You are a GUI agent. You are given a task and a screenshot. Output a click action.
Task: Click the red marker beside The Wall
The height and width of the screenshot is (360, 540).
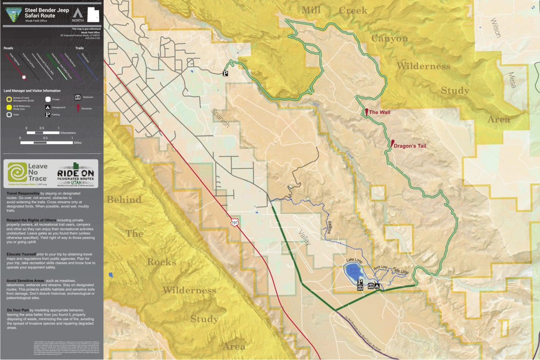coord(366,111)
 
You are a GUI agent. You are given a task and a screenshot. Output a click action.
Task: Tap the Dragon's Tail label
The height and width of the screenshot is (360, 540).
coord(409,146)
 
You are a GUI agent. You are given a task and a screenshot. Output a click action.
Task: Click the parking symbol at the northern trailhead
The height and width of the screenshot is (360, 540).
coord(226,73)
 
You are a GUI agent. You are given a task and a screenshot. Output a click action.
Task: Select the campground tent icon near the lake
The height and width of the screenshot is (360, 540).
coord(377,286)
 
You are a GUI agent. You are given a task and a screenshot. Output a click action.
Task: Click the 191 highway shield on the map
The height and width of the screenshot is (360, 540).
coord(234,222)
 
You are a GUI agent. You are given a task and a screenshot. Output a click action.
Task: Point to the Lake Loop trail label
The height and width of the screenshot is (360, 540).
coord(354,261)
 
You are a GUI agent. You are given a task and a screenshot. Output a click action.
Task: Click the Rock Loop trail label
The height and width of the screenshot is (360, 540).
coord(381,267)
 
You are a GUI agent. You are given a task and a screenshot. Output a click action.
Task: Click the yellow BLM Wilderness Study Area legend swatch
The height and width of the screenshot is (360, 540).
coord(9,107)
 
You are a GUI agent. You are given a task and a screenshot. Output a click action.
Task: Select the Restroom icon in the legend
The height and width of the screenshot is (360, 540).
coord(77,97)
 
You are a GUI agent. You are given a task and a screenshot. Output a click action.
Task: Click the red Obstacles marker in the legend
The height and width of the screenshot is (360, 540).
coord(77,108)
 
